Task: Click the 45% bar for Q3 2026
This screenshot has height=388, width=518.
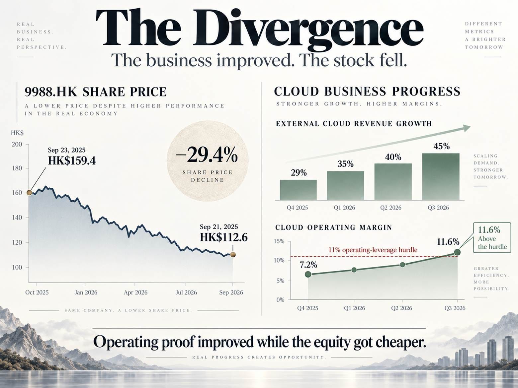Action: pos(441,177)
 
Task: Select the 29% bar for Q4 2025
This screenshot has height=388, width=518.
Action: pos(298,190)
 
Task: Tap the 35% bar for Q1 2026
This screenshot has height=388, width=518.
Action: pos(345,186)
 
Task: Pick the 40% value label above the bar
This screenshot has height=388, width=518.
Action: pos(393,157)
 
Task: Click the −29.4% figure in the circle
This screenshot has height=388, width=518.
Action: pos(207,155)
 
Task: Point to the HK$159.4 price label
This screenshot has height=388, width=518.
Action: pos(72,161)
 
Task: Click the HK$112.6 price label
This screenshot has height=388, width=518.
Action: pos(224,237)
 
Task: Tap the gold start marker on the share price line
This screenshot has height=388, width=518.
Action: pos(29,193)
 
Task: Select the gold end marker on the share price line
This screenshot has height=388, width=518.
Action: pos(233,254)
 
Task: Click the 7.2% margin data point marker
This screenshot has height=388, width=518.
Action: pos(308,274)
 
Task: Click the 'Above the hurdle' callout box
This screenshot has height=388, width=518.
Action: pos(492,238)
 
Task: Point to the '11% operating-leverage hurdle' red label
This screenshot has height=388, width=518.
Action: pos(373,250)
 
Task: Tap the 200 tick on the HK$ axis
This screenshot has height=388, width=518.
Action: pos(17,144)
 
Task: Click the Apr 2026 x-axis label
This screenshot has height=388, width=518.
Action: pos(135,292)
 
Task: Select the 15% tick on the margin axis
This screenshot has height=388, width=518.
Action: pos(279,241)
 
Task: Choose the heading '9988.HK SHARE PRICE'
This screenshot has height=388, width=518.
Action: pos(96,92)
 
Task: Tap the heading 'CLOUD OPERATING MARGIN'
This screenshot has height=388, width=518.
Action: pos(334,227)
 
